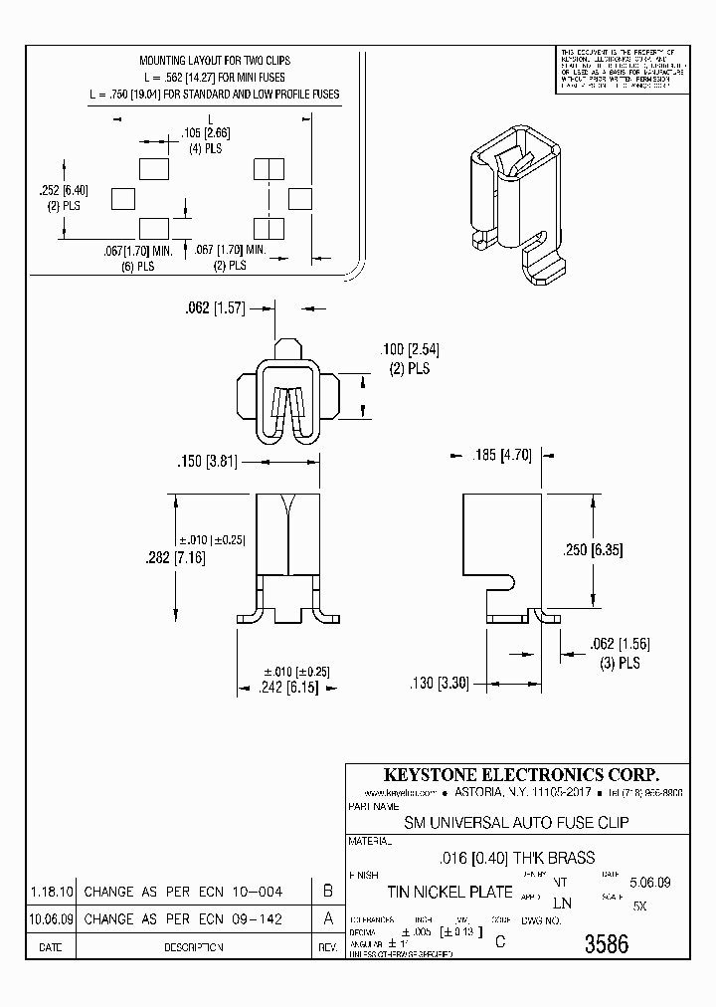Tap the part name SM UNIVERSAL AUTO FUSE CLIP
pos(516,823)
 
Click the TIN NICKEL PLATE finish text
pos(449,892)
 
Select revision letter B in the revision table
pos(328,892)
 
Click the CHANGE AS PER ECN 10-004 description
pos(183,893)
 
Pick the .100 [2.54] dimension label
pos(409,349)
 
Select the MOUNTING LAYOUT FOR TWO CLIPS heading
pos(215,62)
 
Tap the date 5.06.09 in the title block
pos(650,882)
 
